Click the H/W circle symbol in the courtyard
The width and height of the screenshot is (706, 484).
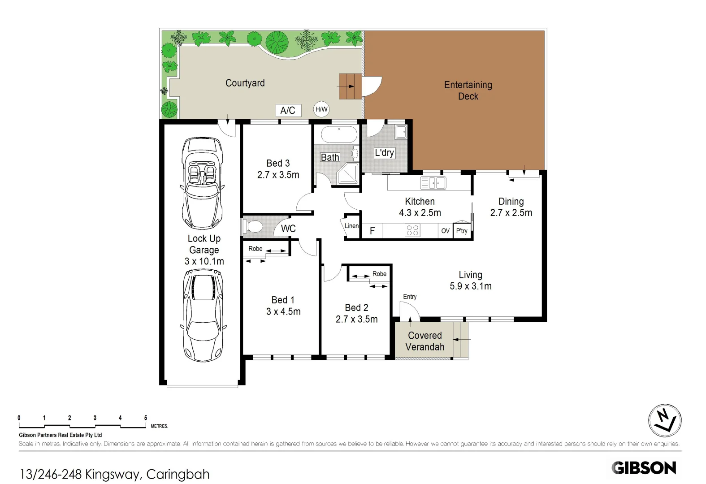(x=321, y=109)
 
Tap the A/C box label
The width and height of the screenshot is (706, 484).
(x=288, y=110)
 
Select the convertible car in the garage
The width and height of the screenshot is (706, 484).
(x=203, y=184)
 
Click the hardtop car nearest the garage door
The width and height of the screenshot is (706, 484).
(x=204, y=315)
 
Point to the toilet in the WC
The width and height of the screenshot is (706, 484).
(x=253, y=226)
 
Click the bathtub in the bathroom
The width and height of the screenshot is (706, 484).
(x=339, y=134)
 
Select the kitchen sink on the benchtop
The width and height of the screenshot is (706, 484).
(x=433, y=183)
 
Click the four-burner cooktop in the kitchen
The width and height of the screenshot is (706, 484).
(x=412, y=230)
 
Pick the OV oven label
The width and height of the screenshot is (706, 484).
(x=445, y=231)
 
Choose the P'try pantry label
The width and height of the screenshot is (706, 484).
(x=462, y=231)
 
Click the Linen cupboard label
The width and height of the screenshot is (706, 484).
(x=351, y=226)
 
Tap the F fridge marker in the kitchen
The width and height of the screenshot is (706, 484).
(x=372, y=231)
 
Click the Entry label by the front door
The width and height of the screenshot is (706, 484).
(x=410, y=297)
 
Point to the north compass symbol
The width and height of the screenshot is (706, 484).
(x=665, y=420)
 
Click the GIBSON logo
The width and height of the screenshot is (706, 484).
(x=644, y=468)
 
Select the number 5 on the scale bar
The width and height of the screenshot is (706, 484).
(x=145, y=418)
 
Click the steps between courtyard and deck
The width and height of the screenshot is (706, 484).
(x=350, y=86)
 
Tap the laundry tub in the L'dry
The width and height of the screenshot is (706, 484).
(x=401, y=132)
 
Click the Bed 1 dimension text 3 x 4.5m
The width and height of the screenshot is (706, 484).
(x=283, y=311)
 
